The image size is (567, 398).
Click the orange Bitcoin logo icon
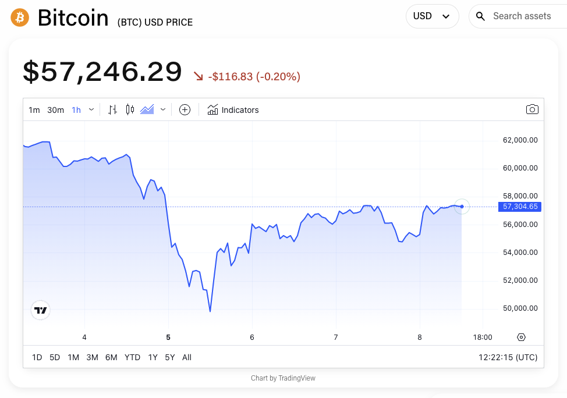[19, 17]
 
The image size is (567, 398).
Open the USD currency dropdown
[432, 16]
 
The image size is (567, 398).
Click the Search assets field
[522, 16]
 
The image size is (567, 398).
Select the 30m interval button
[55, 110]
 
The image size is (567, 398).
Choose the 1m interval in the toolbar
[34, 110]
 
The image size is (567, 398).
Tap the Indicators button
[233, 110]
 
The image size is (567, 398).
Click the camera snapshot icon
[532, 109]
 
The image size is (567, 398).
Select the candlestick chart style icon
[130, 109]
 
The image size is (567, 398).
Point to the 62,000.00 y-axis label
[520, 140]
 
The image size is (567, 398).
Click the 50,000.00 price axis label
[520, 308]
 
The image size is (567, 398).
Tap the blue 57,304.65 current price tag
[520, 207]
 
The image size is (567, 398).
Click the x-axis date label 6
[252, 337]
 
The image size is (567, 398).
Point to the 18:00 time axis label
[483, 337]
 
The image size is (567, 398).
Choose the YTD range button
[132, 357]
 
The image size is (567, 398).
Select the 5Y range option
[169, 357]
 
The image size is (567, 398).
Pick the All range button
[187, 357]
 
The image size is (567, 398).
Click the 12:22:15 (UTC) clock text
[508, 357]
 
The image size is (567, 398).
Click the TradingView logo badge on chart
[40, 311]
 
